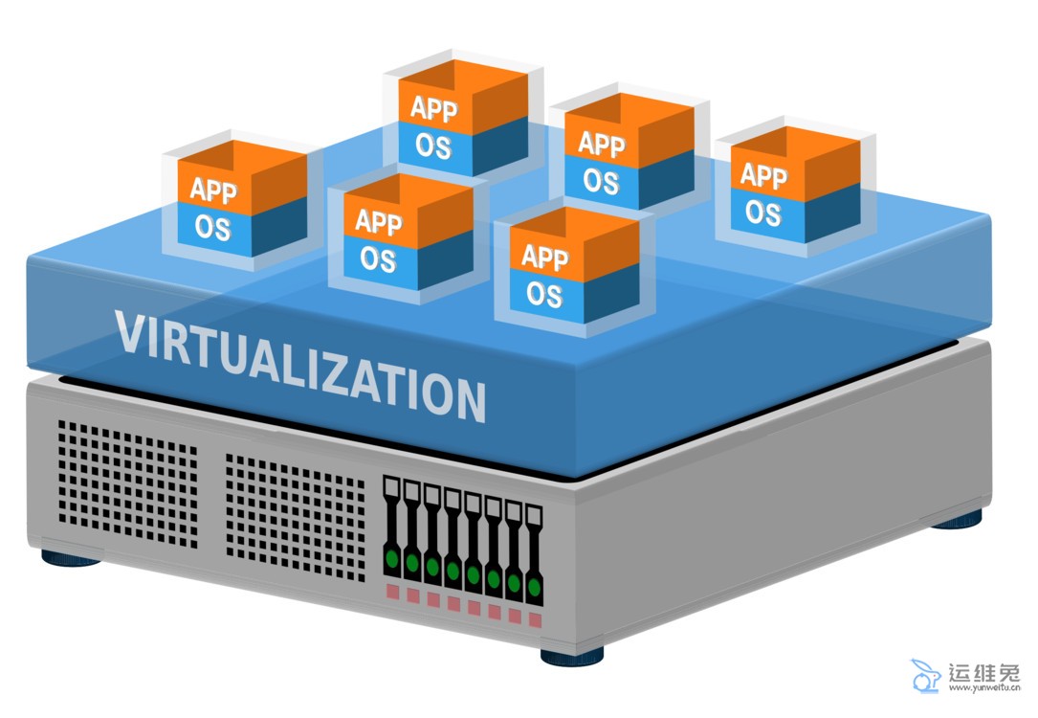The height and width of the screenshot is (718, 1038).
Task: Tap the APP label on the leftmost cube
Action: [x=213, y=190]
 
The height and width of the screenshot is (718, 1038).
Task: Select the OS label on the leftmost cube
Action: [x=212, y=228]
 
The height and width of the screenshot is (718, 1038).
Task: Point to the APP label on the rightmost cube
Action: [x=763, y=176]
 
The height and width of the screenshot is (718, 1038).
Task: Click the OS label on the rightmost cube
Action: [x=762, y=212]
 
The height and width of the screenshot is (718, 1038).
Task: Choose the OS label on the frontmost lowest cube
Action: [x=544, y=294]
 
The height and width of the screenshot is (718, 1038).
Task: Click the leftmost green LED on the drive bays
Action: [x=391, y=558]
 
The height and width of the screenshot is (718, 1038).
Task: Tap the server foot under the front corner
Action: [x=572, y=656]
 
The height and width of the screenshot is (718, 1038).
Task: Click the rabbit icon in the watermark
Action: [x=925, y=676]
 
